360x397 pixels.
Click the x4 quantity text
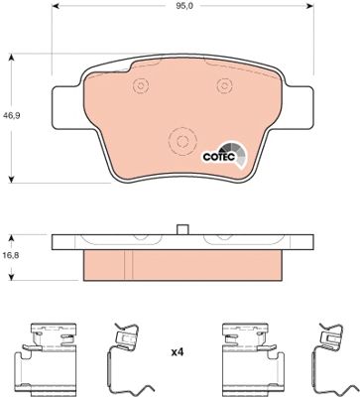[x=177, y=352]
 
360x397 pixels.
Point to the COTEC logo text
[x=219, y=157]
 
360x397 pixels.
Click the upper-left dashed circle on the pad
[x=141, y=86]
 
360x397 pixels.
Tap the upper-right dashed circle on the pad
[x=224, y=86]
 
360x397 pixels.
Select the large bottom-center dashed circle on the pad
[x=182, y=142]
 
